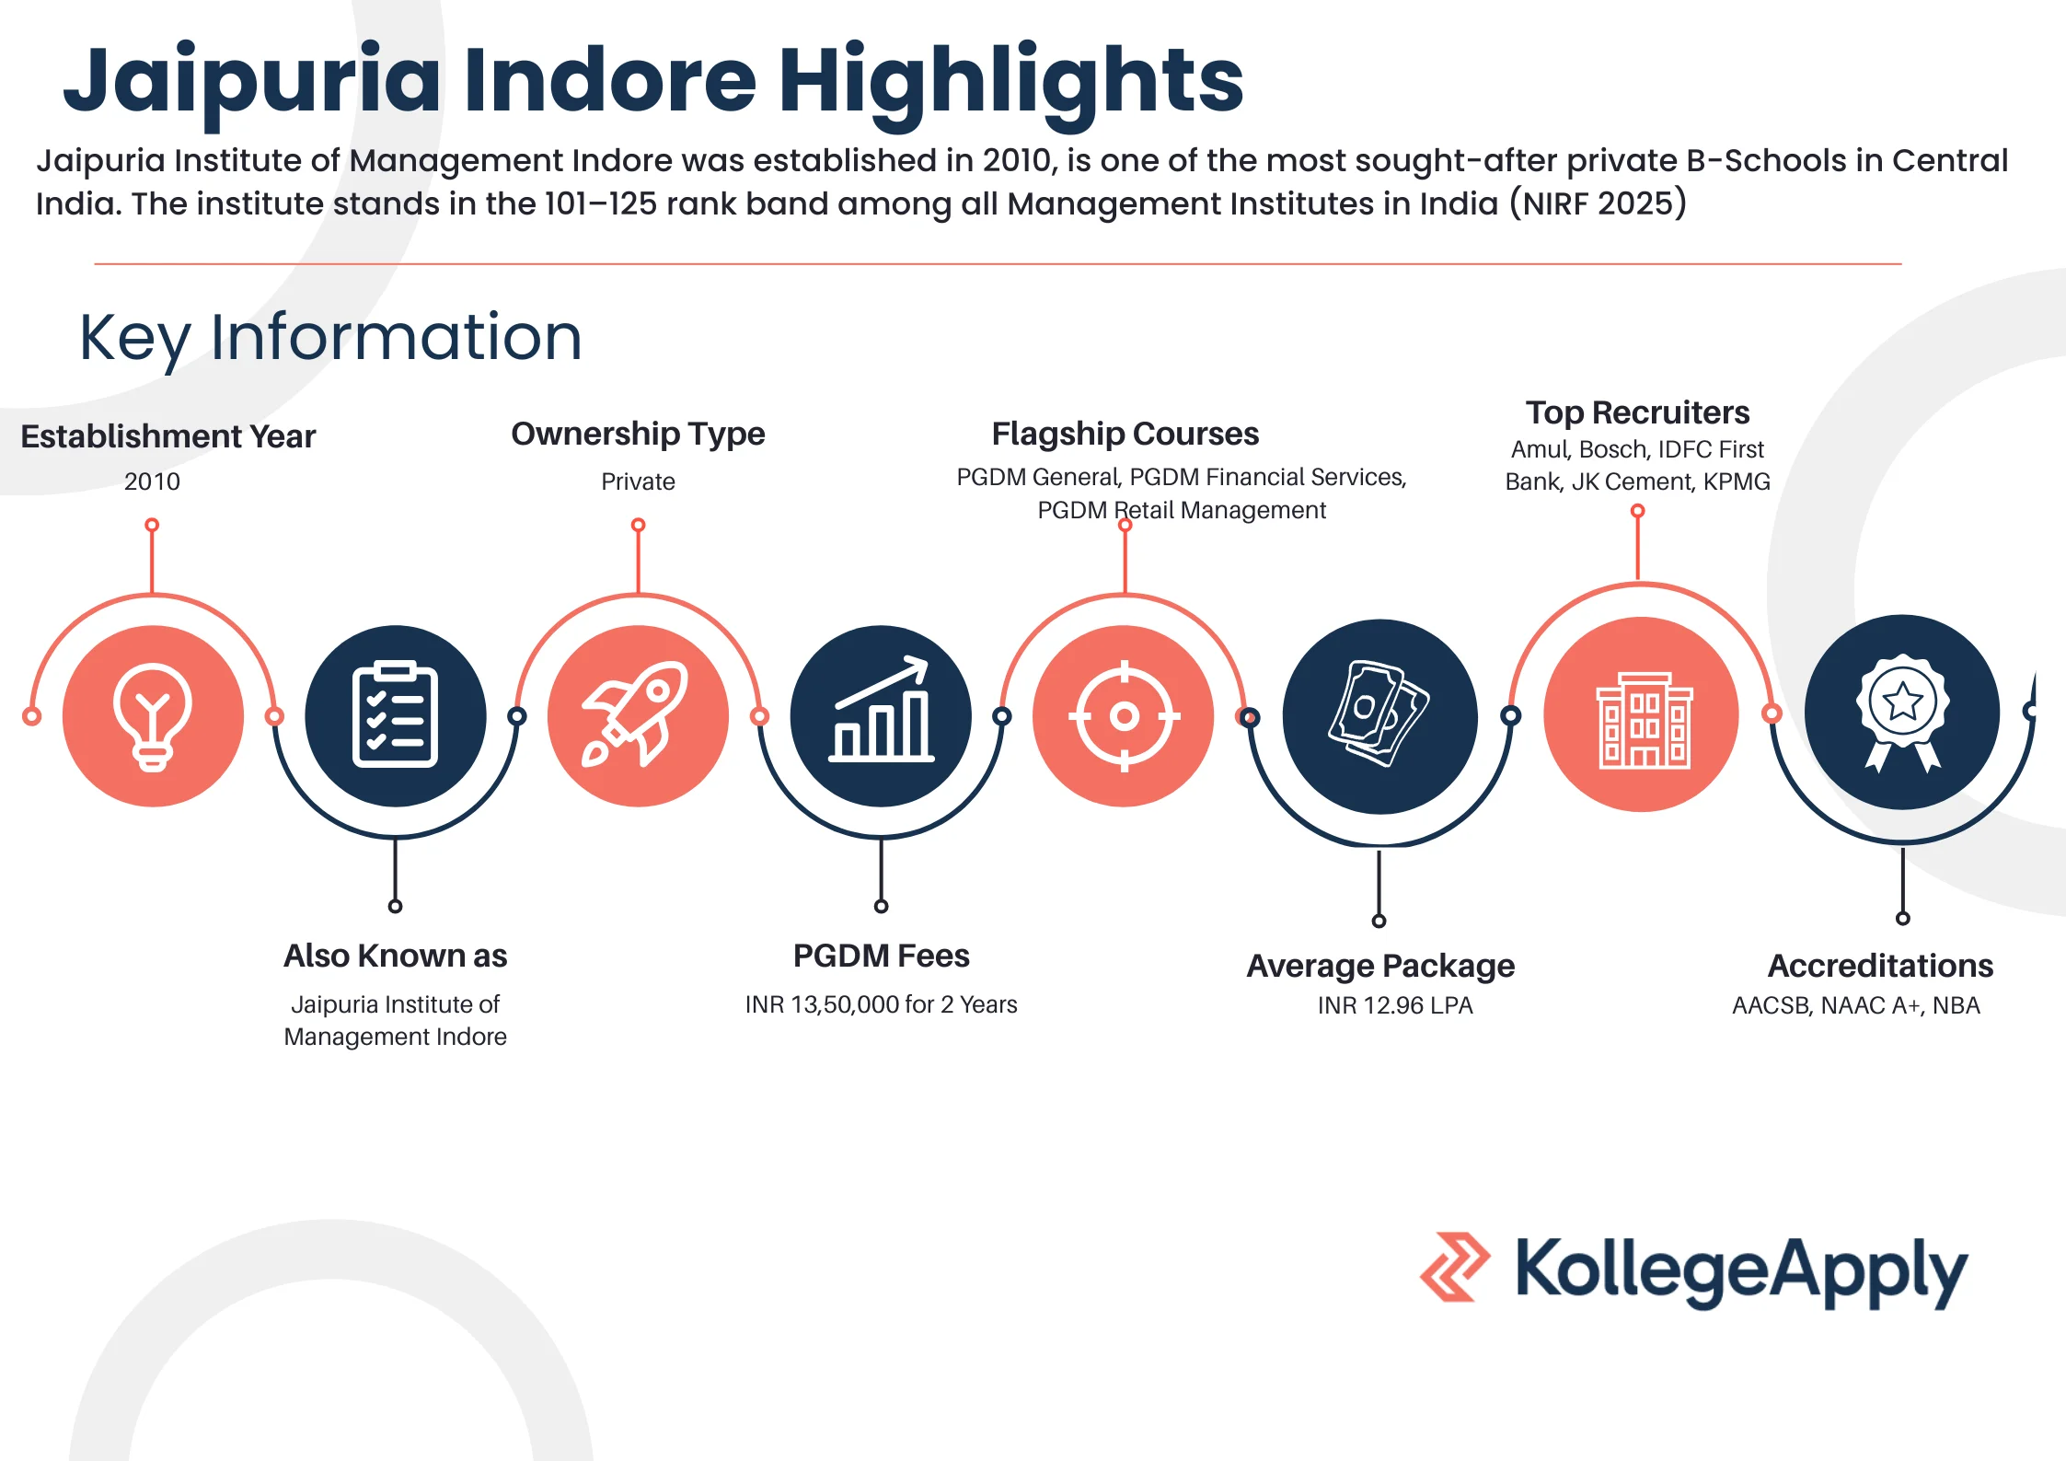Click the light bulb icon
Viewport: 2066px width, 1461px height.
(x=153, y=715)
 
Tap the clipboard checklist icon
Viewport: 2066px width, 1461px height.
(x=395, y=715)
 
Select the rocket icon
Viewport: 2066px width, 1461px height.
(x=637, y=715)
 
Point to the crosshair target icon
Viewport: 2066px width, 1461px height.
(x=1124, y=715)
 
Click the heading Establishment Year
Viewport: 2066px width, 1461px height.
(x=168, y=436)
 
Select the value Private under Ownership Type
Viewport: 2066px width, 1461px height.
(x=638, y=481)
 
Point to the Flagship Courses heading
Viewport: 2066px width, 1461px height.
(x=1125, y=434)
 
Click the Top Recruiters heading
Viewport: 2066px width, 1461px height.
(x=1637, y=412)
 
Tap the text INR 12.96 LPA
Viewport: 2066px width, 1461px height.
(x=1395, y=1005)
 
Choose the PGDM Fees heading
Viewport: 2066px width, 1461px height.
(x=881, y=956)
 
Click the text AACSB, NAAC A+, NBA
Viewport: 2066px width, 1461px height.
(x=1855, y=1005)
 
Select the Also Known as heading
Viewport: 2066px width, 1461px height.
(x=395, y=956)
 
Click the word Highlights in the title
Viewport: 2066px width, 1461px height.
(x=1010, y=81)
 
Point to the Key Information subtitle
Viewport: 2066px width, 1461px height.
(x=330, y=337)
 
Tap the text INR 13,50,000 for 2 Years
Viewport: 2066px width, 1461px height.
(x=881, y=1004)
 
